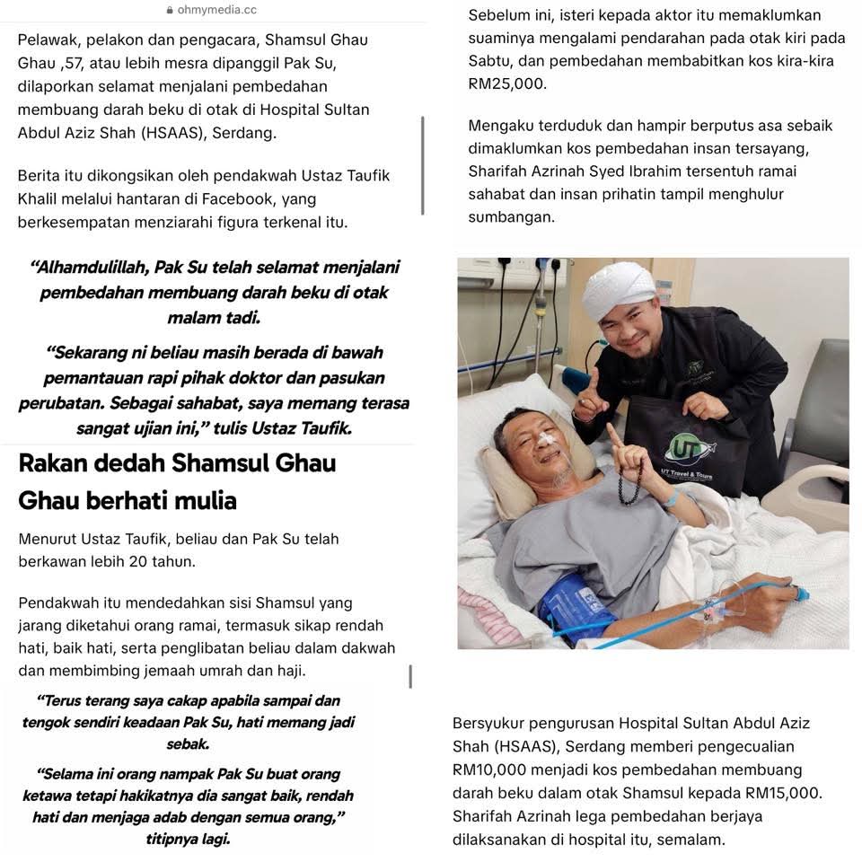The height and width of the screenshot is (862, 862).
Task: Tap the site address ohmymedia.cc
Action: (x=216, y=10)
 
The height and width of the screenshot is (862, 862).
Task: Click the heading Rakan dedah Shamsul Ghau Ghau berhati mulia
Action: (x=176, y=481)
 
